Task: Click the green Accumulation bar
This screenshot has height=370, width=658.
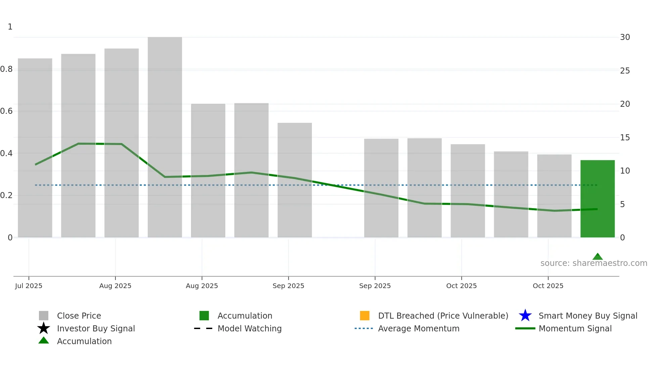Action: coord(597,198)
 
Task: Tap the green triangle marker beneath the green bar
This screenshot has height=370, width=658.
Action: coord(597,257)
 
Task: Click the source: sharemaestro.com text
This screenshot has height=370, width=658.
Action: coord(594,263)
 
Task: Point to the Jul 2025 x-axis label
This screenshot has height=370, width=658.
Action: coord(29,286)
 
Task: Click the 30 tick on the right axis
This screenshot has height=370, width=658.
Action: coord(625,37)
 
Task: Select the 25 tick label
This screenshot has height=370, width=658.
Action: coord(625,71)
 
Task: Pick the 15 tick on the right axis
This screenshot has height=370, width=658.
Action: coord(625,138)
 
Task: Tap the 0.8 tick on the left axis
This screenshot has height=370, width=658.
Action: coord(6,69)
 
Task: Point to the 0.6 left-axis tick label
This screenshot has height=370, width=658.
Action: coord(6,111)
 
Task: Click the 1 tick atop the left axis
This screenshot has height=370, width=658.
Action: coord(10,27)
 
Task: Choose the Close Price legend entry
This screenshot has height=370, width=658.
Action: coord(79,316)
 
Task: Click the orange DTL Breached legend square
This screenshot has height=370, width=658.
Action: coord(365,316)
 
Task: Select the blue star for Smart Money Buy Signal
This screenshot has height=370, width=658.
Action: coord(525,316)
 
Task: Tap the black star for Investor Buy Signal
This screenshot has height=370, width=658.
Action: coord(44,328)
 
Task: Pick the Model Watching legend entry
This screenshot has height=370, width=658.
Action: coord(249,328)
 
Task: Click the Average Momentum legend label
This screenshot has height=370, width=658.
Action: coord(419,328)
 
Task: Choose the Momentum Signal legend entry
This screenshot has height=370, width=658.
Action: coord(575,328)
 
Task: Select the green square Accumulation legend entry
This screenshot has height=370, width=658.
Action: coord(204,316)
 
